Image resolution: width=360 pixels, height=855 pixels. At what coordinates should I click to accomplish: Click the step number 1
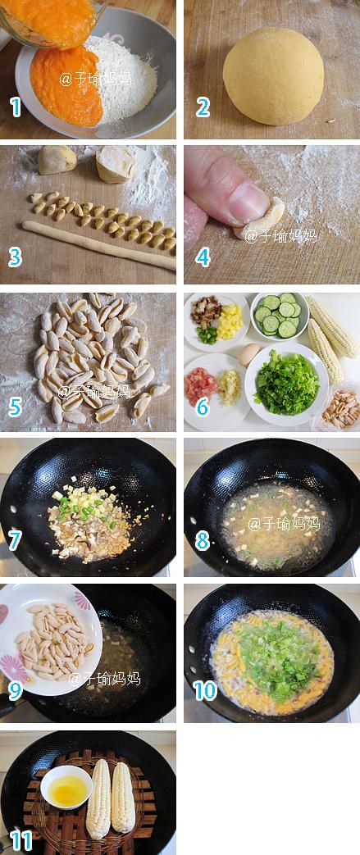[16, 107]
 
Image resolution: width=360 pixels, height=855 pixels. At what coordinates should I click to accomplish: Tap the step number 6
[203, 406]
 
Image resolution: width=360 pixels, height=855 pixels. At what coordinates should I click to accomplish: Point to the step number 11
[21, 840]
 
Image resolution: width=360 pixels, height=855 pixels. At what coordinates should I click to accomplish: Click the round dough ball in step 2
[273, 75]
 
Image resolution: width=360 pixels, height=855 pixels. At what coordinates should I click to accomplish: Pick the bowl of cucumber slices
[280, 315]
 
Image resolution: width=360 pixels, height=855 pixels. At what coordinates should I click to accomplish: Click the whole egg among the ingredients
[250, 354]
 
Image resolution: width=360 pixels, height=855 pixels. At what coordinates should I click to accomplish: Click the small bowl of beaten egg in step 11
[66, 786]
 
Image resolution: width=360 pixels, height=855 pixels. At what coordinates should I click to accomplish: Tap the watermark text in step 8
[284, 524]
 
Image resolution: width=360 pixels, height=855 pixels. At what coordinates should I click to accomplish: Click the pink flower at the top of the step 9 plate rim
[82, 599]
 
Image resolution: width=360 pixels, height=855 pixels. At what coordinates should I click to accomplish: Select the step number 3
[16, 257]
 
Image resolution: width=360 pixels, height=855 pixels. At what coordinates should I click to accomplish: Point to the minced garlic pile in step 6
[229, 387]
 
